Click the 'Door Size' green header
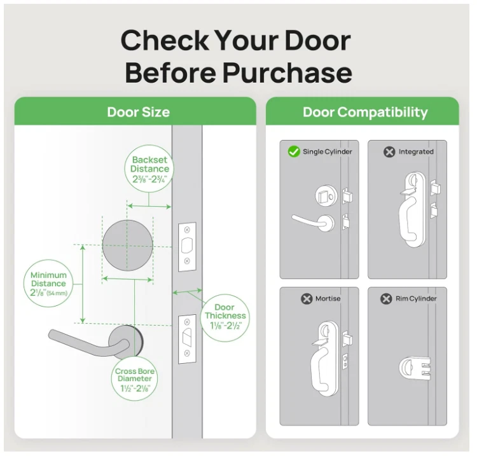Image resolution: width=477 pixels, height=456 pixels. [x=138, y=113]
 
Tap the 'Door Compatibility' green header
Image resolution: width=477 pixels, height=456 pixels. [x=365, y=113]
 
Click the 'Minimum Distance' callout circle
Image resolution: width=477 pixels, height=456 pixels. [x=48, y=284]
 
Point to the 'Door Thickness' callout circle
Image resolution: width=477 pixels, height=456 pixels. [x=225, y=316]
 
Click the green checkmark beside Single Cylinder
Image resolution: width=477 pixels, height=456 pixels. [x=294, y=151]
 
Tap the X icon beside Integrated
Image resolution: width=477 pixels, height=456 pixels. [x=389, y=152]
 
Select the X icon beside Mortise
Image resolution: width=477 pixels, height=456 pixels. [x=307, y=298]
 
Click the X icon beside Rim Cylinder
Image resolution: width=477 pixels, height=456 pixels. [x=386, y=298]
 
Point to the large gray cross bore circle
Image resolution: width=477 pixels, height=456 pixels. [x=128, y=247]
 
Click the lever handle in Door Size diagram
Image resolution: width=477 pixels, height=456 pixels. [x=83, y=340]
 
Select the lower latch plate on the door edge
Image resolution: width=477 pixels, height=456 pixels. [x=187, y=339]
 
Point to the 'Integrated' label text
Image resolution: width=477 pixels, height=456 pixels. [x=416, y=152]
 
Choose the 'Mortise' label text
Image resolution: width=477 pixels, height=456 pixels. [x=328, y=298]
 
